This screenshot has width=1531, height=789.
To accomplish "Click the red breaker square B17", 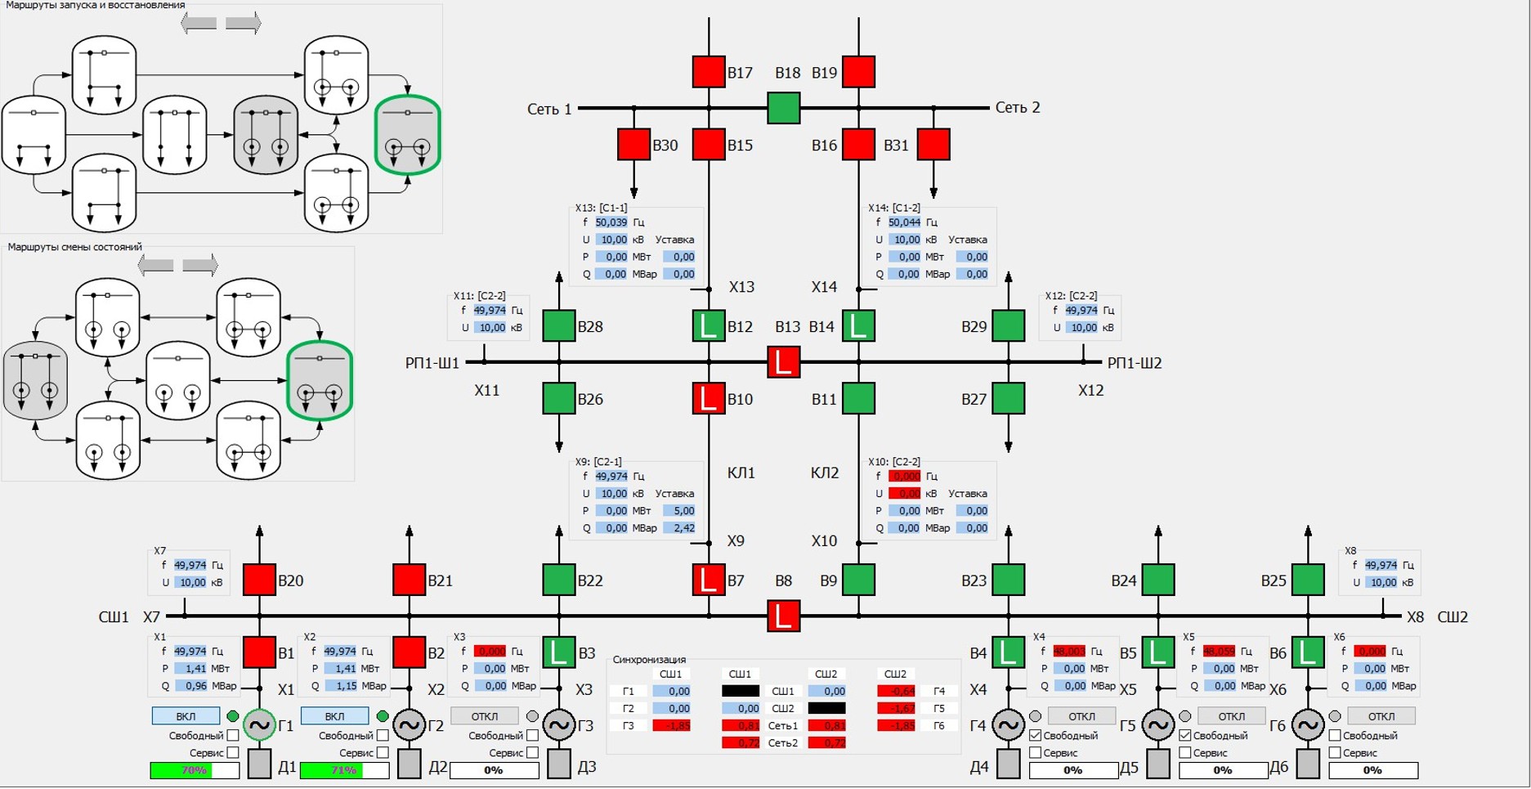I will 708,72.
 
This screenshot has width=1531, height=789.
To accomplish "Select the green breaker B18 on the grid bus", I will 783,108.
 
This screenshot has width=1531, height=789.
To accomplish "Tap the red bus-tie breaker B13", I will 783,362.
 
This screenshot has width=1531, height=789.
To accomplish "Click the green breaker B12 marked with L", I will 708,326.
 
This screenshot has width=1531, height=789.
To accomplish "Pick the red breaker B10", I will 708,399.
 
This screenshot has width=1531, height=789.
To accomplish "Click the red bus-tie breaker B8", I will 783,616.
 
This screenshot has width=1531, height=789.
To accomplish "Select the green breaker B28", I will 558,326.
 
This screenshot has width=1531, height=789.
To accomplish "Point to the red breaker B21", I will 409,580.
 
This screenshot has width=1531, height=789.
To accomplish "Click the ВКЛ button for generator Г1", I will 186,716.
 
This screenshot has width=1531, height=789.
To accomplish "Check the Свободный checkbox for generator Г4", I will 1036,736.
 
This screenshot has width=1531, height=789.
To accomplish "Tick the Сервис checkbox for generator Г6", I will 1335,752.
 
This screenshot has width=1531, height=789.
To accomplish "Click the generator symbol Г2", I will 409,724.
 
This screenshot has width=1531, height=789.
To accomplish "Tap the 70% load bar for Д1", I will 195,770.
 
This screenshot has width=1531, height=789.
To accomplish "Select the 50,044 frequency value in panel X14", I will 904,222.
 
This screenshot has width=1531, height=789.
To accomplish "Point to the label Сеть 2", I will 1017,108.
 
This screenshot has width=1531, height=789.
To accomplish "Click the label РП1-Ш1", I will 432,363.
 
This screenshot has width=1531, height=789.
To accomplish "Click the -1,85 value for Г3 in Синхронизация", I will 672,726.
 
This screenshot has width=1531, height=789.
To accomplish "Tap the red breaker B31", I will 933,145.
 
